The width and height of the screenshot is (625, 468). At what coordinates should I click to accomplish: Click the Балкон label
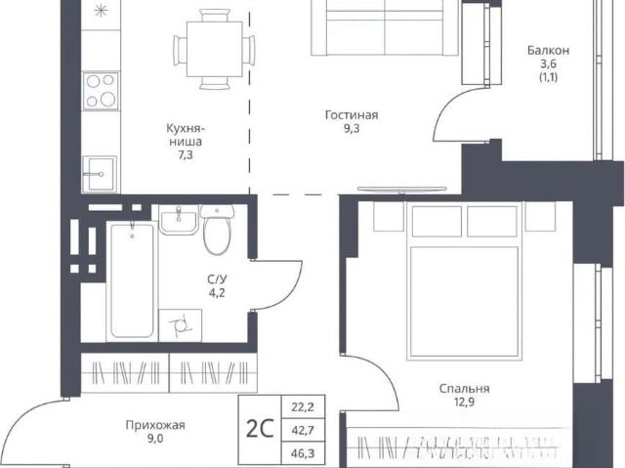(x=548, y=51)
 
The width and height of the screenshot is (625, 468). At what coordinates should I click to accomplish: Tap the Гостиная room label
(x=352, y=115)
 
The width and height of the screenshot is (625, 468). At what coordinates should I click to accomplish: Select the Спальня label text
(x=464, y=388)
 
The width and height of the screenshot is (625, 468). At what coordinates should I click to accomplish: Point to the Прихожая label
(x=155, y=425)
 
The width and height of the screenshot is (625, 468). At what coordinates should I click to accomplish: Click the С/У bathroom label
(x=217, y=279)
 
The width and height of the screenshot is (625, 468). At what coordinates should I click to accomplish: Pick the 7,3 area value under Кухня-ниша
(x=186, y=155)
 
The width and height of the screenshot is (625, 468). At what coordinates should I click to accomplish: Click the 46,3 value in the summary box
(x=304, y=453)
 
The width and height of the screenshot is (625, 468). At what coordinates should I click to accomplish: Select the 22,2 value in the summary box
(x=304, y=407)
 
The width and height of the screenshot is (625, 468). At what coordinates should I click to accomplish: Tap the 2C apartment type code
(x=260, y=429)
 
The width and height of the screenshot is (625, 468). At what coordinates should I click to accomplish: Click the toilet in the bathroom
(x=217, y=230)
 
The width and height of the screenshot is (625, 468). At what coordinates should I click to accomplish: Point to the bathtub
(x=132, y=280)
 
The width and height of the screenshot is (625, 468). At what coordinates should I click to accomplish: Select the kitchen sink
(x=100, y=174)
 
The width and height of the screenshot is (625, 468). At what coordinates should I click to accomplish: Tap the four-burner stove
(x=101, y=91)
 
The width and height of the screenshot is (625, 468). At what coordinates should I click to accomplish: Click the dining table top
(x=215, y=50)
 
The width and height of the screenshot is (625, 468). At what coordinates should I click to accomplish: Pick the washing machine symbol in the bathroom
(x=180, y=325)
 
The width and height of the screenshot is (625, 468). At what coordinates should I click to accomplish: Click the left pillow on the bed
(x=437, y=221)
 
